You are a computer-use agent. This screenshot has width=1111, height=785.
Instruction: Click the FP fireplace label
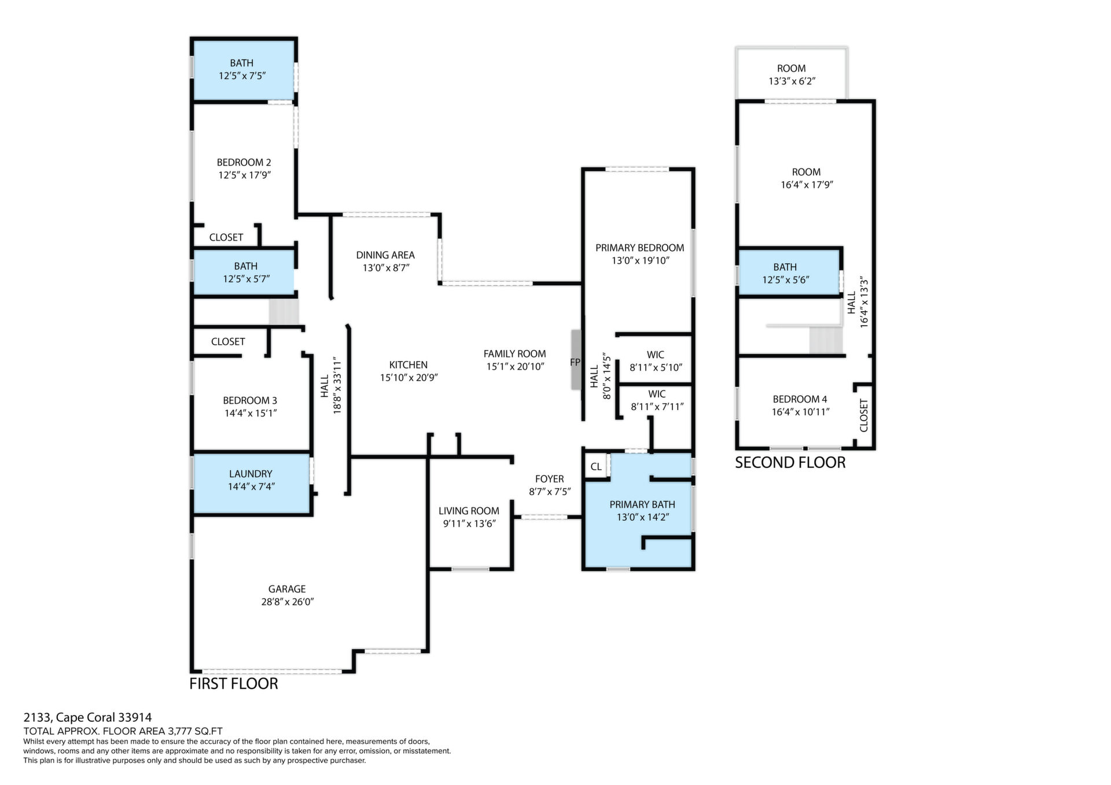point(575,363)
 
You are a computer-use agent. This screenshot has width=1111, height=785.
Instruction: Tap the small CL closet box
point(596,466)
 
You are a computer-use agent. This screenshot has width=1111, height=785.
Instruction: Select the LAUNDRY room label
point(251,474)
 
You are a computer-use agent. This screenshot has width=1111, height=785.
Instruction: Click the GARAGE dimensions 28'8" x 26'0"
point(287,602)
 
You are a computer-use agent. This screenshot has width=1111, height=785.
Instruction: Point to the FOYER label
point(549,479)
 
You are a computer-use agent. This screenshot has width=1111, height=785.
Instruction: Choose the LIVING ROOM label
point(469,511)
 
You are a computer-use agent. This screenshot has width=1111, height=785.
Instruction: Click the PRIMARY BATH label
point(642,504)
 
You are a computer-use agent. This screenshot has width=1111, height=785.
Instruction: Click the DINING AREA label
point(385,255)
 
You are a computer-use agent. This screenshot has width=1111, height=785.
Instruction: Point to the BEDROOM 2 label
point(244,163)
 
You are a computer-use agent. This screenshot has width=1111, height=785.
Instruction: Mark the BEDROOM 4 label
point(800,399)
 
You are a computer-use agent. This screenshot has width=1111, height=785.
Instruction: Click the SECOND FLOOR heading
point(790,463)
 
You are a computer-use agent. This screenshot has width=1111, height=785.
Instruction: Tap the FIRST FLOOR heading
point(234,684)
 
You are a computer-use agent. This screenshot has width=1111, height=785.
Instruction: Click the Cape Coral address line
point(87,718)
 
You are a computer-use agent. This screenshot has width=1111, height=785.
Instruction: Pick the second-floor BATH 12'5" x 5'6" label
point(785,273)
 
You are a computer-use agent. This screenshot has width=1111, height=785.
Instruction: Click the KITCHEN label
point(409,365)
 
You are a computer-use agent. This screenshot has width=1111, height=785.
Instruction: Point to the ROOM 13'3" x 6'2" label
point(792,75)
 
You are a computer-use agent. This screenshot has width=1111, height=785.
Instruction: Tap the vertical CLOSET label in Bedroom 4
point(864,415)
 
